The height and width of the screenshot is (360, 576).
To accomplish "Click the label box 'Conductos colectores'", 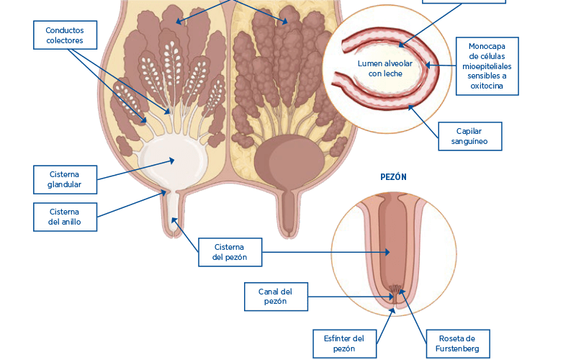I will coord(65,35).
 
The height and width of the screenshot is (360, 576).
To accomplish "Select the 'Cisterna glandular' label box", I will coord(65,179).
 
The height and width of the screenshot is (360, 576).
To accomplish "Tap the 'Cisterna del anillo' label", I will coord(65,217).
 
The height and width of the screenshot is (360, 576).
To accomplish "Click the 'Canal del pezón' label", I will coord(276,297).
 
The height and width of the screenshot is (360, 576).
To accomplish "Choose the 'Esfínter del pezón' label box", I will coord(344,343).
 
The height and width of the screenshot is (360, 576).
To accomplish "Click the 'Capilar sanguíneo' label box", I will coord(469,136).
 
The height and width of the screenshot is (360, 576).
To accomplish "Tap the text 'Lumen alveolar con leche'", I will coord(385,68).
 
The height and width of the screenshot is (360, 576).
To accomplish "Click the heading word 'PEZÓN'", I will coord(394,176).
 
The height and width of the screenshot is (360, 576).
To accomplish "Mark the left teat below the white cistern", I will coord(173,216).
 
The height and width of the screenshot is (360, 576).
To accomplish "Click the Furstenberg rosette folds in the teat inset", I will coord(396,292).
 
